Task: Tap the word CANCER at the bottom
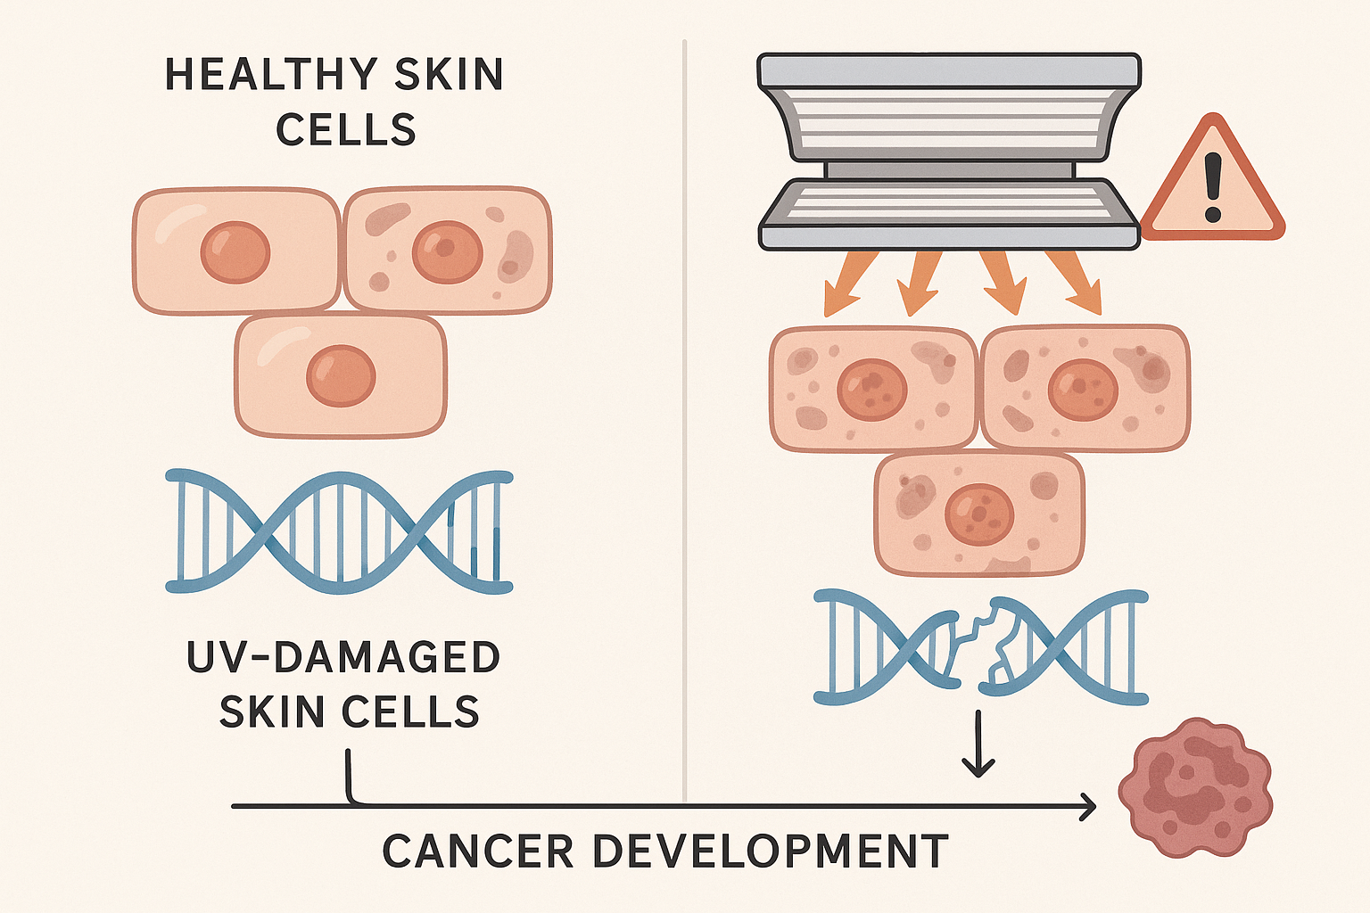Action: pos(478,851)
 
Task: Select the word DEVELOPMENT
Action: pos(770,851)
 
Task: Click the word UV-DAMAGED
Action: pos(343,658)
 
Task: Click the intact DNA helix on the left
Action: pos(339,531)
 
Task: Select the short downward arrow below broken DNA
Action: pos(978,744)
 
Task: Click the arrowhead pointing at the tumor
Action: pos(1088,806)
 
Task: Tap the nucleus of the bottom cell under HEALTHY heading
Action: pos(341,375)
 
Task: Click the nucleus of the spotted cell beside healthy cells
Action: pos(447,252)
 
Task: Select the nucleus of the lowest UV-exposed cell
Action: pos(979,514)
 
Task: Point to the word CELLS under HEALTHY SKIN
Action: pos(346,131)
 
